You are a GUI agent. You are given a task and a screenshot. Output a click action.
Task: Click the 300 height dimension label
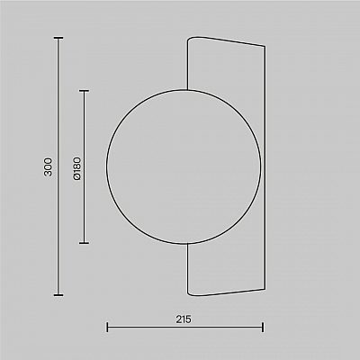pyautogui.click(x=48, y=166)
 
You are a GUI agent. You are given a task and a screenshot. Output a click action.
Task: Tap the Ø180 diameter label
pyautogui.click(x=76, y=168)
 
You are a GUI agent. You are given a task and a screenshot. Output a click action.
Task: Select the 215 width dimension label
pyautogui.click(x=184, y=319)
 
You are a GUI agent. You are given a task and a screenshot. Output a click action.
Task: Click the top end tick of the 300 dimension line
pyautogui.click(x=58, y=38)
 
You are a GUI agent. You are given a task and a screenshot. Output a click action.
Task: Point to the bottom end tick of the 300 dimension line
pyautogui.click(x=58, y=295)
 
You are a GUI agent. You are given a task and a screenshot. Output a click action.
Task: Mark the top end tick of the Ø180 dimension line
pyautogui.click(x=84, y=91)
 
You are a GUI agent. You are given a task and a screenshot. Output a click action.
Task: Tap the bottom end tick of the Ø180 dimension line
pyautogui.click(x=84, y=243)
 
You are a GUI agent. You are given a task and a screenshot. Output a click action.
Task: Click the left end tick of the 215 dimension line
pyautogui.click(x=107, y=327)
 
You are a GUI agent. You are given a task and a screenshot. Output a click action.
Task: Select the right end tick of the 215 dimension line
pyautogui.click(x=263, y=327)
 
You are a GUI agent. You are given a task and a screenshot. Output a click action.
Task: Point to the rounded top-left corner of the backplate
pyautogui.click(x=190, y=39)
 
